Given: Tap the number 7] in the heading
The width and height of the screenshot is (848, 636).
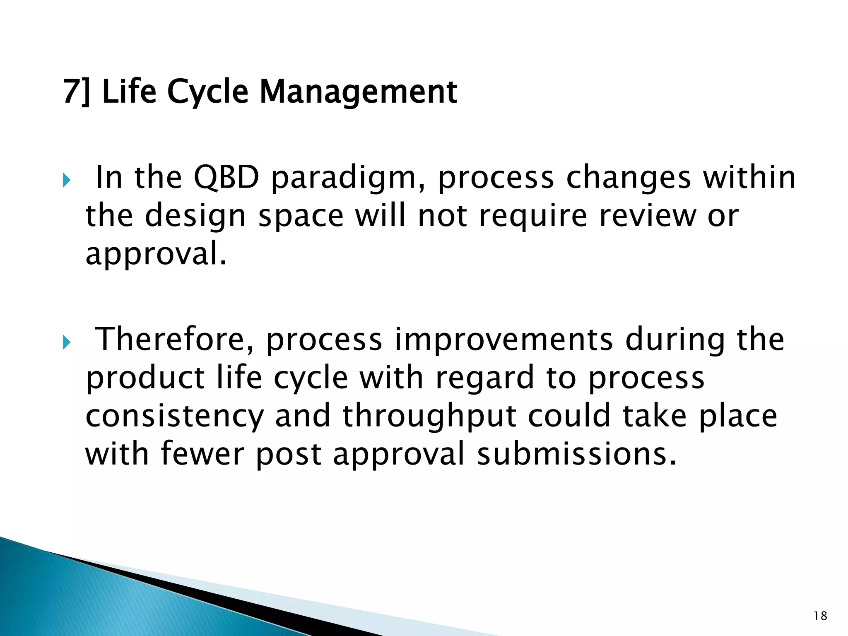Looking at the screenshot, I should [x=76, y=92].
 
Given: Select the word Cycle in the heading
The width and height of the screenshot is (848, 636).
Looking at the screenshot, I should [x=207, y=92].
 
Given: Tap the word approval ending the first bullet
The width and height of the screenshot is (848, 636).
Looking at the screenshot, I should [x=156, y=254].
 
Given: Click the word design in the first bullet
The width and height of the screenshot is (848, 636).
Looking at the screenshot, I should [x=195, y=217].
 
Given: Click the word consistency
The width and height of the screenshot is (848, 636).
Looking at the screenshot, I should [x=174, y=417].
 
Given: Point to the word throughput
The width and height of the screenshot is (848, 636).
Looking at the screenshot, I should [x=429, y=417].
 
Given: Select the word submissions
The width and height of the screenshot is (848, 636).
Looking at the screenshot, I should [x=577, y=454].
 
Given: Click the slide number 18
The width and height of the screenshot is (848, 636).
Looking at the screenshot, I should [x=820, y=616].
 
